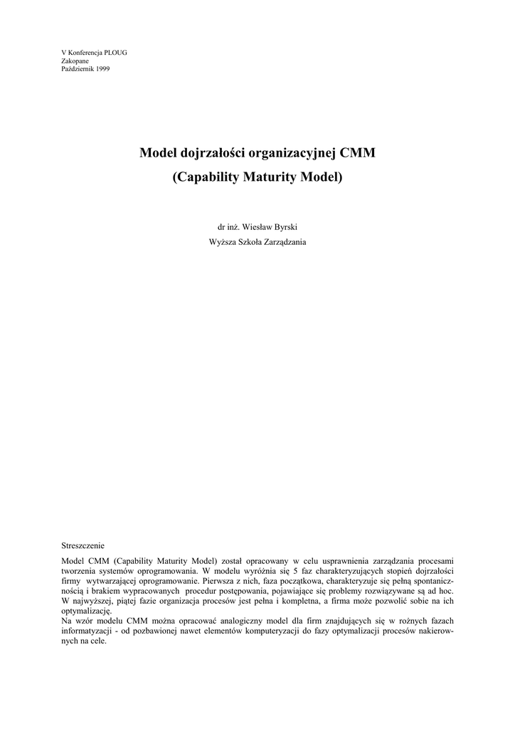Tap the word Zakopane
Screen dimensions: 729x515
75,61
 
